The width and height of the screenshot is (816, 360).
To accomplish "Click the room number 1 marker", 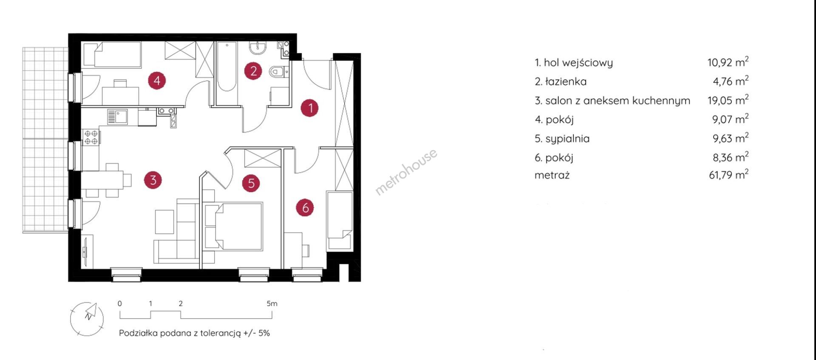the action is pyautogui.click(x=310, y=108).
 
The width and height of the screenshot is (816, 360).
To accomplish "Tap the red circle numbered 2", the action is pyautogui.click(x=253, y=71).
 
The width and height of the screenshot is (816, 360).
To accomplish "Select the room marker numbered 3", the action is pyautogui.click(x=153, y=180).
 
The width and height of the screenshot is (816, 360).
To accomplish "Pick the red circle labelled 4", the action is pyautogui.click(x=157, y=80).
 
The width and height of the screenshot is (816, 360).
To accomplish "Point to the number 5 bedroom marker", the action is pyautogui.click(x=251, y=183).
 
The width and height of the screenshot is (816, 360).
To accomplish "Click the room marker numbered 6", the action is pyautogui.click(x=305, y=207).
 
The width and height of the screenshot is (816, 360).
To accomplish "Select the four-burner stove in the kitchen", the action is pyautogui.click(x=91, y=137).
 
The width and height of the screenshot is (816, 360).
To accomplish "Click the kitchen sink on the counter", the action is pyautogui.click(x=117, y=116).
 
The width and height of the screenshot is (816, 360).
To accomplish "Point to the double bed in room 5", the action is pyautogui.click(x=233, y=226).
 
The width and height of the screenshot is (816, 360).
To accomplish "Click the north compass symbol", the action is pyautogui.click(x=87, y=319).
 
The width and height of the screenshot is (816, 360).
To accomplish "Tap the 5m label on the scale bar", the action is pyautogui.click(x=272, y=303).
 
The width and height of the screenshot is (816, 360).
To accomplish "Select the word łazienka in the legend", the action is pyautogui.click(x=566, y=81).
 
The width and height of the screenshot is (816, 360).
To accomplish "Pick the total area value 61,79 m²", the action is pyautogui.click(x=728, y=174).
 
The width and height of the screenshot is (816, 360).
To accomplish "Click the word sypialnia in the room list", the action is pyautogui.click(x=567, y=139).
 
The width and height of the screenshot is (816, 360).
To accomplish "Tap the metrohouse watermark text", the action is pyautogui.click(x=406, y=172).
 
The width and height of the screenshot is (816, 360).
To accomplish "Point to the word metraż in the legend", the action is pyautogui.click(x=552, y=175).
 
